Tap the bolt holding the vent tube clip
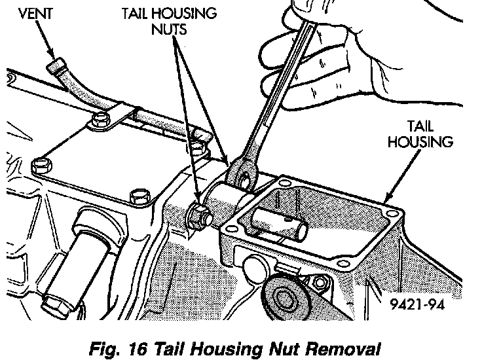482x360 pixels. coord(101,120)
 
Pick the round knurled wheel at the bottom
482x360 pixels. coord(283,301)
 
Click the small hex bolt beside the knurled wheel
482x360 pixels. coord(320,282)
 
